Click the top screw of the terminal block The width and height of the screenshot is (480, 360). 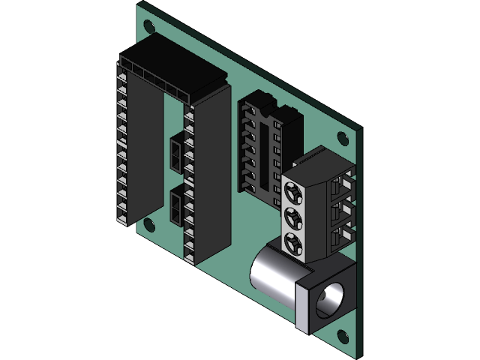click(x=293, y=190)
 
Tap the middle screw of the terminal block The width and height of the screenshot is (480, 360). click(x=293, y=217)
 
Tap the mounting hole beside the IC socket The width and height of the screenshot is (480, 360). click(x=342, y=138)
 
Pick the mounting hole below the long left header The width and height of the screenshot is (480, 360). click(x=149, y=223)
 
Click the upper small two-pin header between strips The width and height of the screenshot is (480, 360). click(x=175, y=153)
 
